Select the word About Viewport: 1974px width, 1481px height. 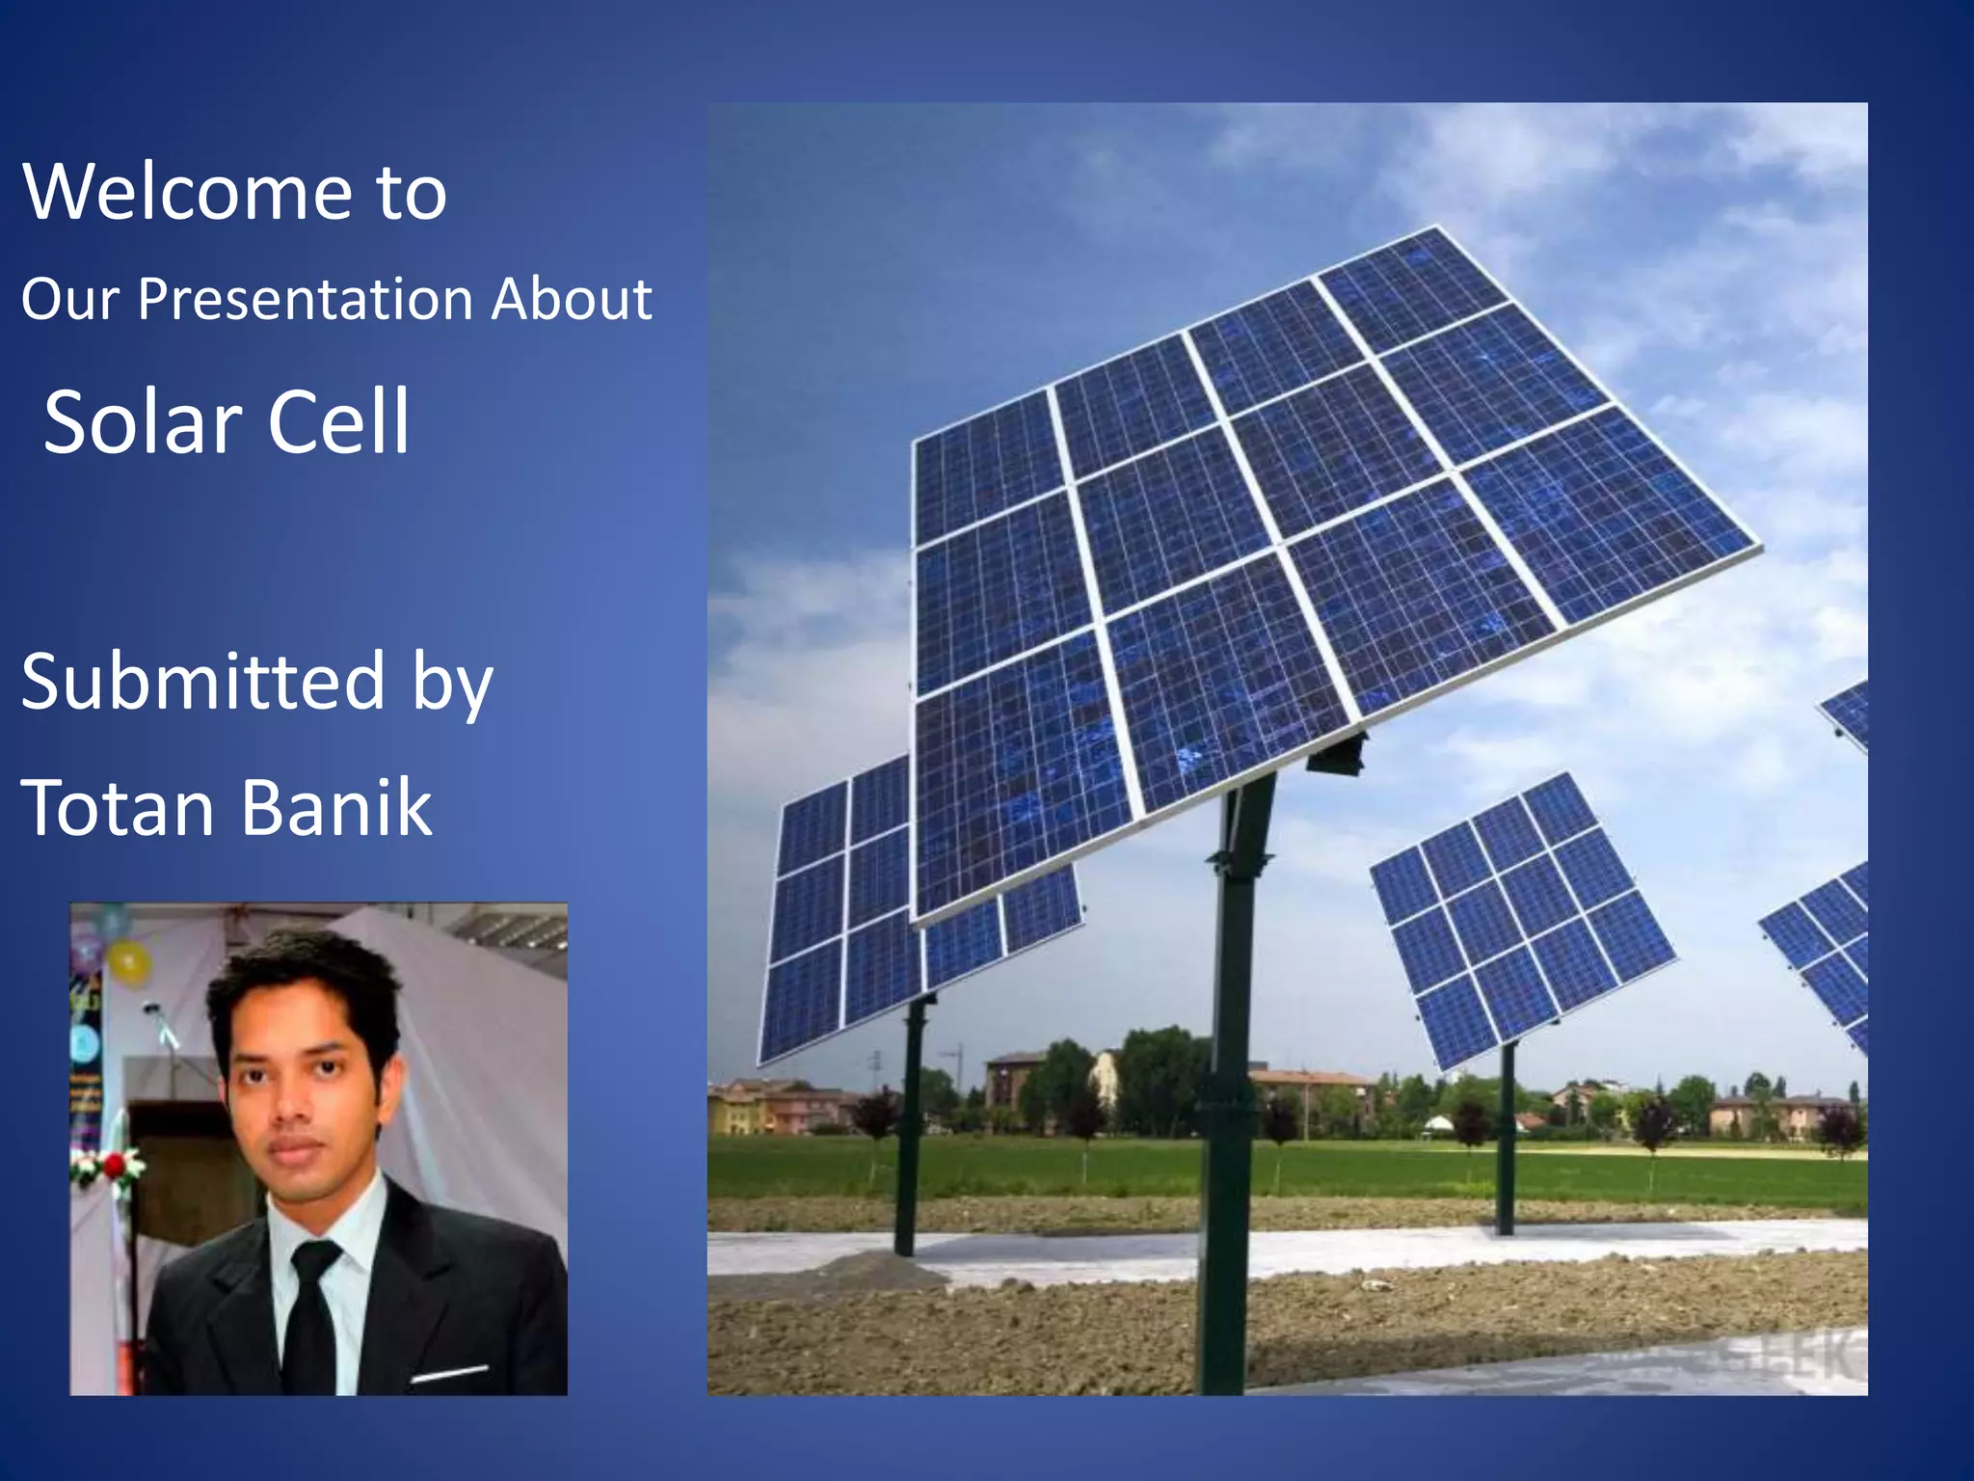[572, 299]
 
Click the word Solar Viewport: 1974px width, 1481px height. [143, 422]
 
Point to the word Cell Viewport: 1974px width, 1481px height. [338, 422]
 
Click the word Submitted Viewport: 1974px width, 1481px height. [203, 681]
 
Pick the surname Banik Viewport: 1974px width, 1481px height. [336, 807]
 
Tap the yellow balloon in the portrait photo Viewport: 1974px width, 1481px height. [128, 962]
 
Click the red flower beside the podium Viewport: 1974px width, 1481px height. [115, 1166]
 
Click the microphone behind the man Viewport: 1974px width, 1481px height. [159, 1022]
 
